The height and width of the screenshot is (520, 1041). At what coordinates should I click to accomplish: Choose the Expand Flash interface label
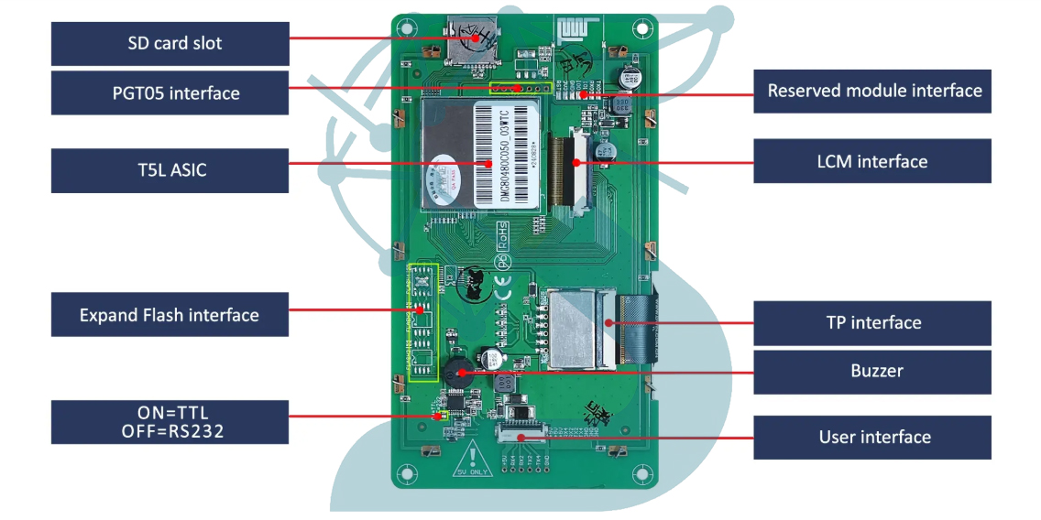pyautogui.click(x=170, y=315)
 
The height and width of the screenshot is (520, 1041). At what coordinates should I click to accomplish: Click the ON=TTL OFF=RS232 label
pyautogui.click(x=170, y=421)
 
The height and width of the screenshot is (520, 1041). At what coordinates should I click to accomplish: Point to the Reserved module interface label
pyautogui.click(x=872, y=91)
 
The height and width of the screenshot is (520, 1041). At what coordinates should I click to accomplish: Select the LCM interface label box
pyautogui.click(x=872, y=161)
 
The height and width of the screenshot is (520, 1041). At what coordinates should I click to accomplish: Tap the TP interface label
pyautogui.click(x=872, y=322)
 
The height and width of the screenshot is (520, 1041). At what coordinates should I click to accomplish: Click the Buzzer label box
pyautogui.click(x=872, y=371)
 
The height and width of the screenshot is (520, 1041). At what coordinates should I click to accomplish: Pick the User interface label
pyautogui.click(x=872, y=437)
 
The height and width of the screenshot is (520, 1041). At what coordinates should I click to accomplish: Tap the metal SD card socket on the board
pyautogui.click(x=472, y=40)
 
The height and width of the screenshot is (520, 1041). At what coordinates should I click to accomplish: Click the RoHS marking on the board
pyautogui.click(x=502, y=235)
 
